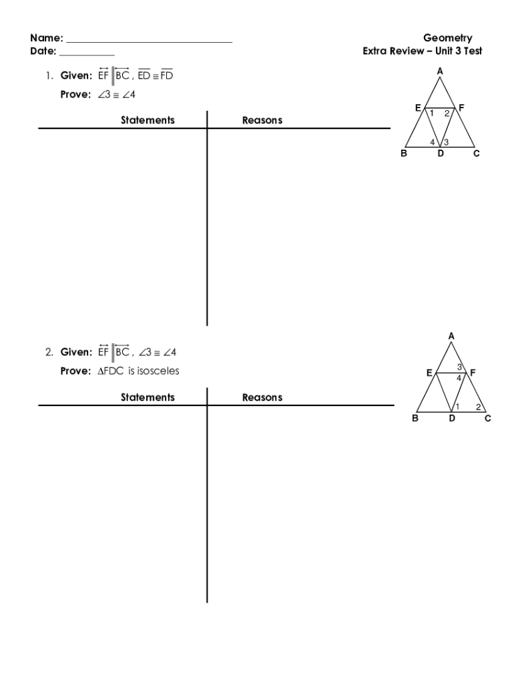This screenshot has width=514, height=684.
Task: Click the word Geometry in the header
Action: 447,38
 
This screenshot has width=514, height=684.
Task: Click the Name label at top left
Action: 47,38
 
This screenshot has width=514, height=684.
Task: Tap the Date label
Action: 43,51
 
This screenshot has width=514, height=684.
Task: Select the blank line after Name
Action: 149,42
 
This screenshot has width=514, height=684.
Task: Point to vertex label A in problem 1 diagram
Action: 440,71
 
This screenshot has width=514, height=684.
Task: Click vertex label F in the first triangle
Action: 462,108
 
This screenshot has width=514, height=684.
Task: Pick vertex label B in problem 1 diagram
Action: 404,153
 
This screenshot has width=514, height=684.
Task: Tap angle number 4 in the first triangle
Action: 433,142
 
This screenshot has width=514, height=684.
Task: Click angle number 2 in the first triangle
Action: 447,114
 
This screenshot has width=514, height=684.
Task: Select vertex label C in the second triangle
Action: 488,418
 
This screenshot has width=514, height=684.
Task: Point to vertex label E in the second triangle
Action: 429,373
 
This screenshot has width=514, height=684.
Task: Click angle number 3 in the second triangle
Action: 459,367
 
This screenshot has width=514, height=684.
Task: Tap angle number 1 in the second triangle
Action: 457,407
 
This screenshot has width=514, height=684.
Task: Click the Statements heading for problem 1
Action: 148,120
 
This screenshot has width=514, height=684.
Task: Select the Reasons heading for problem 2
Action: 262,397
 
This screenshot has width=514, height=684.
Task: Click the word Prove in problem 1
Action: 75,94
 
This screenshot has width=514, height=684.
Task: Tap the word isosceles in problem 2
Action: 158,371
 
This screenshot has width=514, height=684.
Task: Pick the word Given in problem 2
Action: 76,352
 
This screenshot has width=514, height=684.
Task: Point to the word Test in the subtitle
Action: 473,51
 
